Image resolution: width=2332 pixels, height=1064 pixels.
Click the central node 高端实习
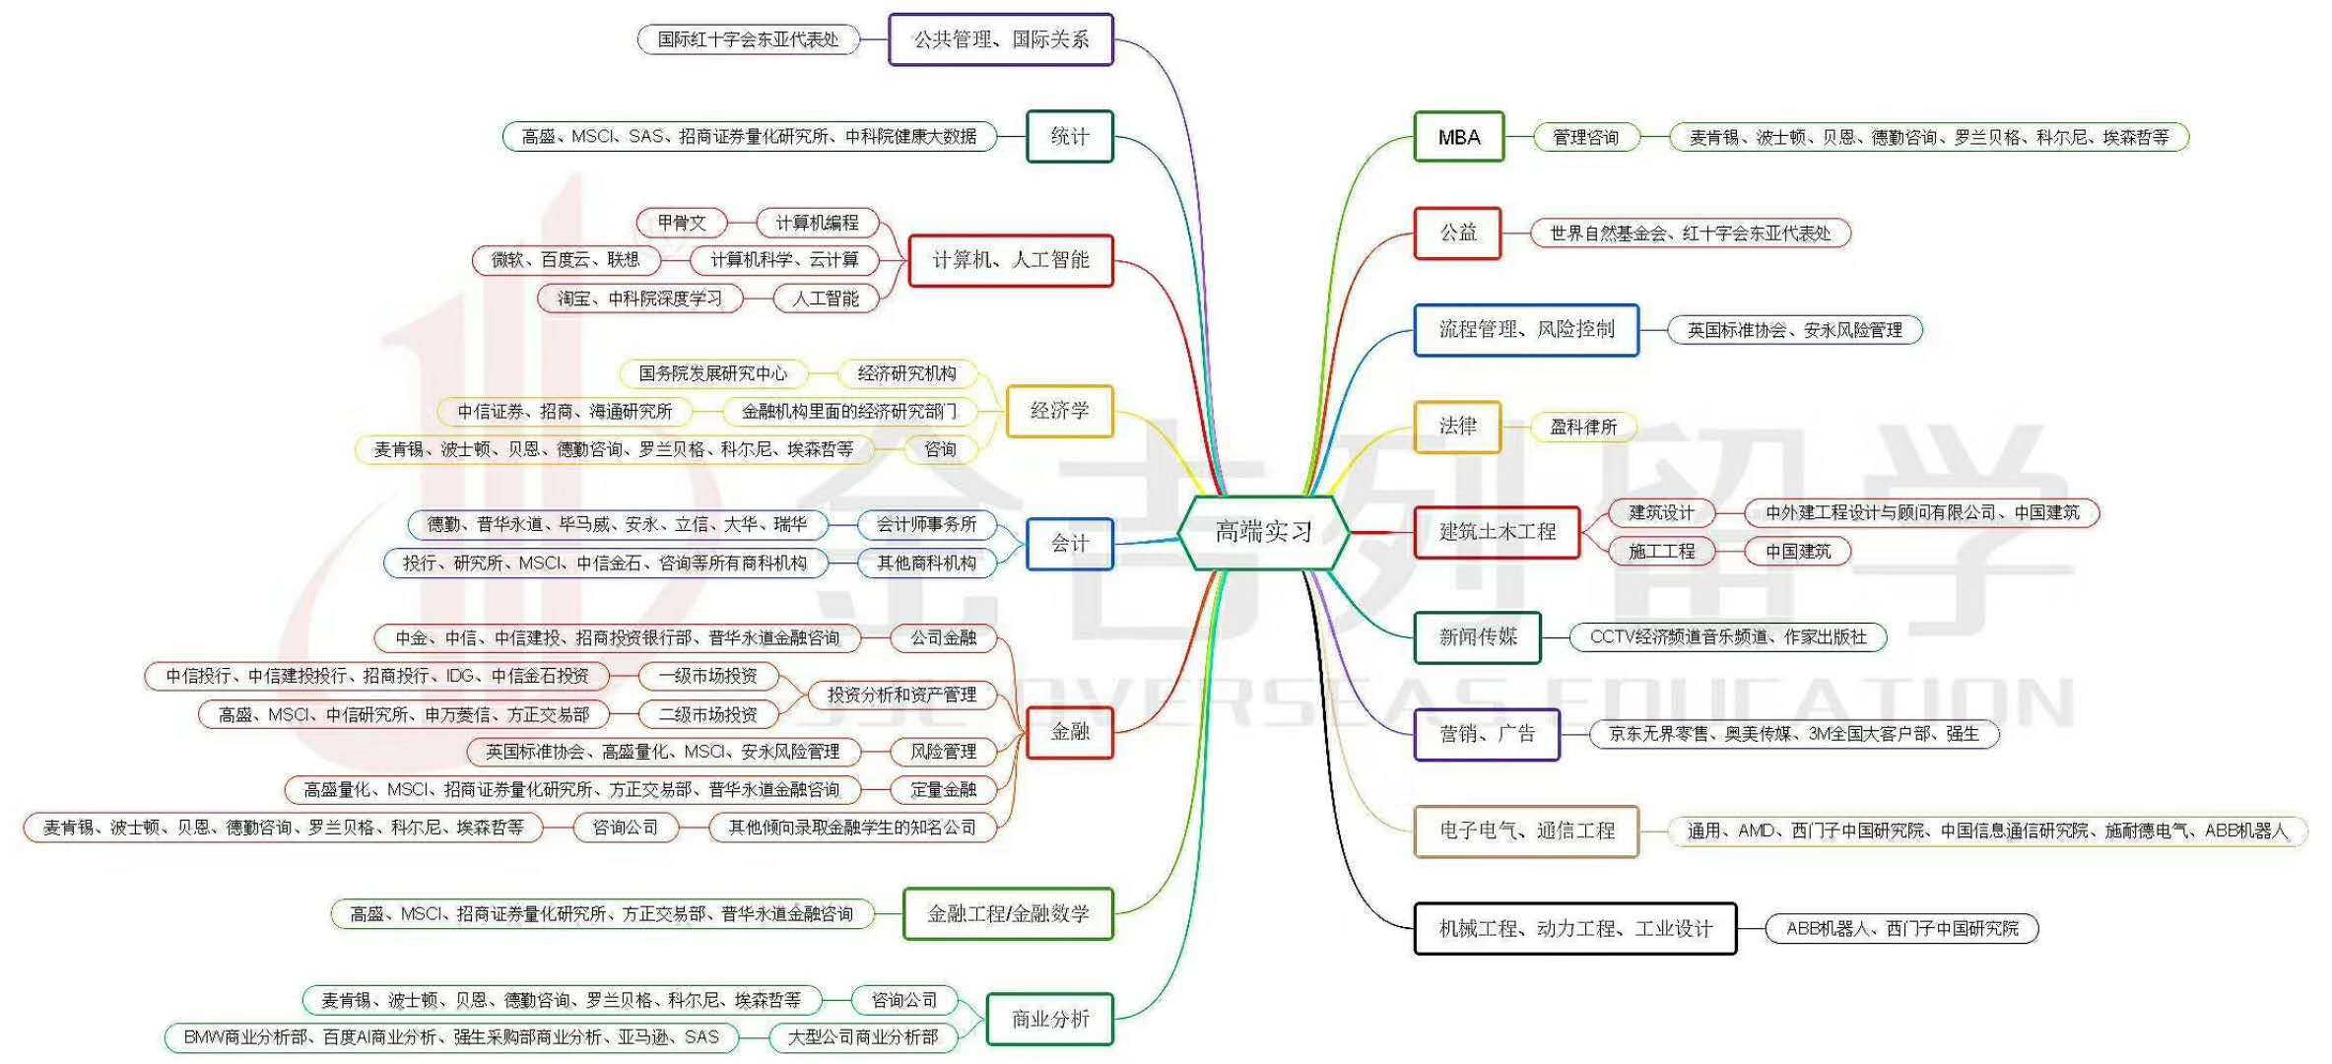tap(1263, 533)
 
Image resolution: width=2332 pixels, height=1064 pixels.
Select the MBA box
tap(1458, 137)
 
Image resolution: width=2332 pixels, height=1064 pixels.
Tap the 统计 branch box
tap(1069, 137)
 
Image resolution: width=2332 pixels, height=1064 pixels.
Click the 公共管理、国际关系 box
tap(1000, 39)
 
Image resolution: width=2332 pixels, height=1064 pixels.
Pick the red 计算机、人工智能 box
tap(1010, 260)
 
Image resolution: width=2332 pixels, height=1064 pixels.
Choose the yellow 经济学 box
tap(1059, 411)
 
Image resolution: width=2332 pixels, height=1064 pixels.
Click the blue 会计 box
tap(1069, 544)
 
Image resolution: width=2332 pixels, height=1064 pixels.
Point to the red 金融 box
tap(1069, 732)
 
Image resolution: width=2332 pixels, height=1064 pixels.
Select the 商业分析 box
tap(1049, 1019)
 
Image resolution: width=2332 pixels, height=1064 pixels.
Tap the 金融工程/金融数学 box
tap(1008, 914)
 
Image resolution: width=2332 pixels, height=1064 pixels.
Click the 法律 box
tap(1457, 427)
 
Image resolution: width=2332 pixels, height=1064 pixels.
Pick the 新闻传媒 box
tap(1477, 637)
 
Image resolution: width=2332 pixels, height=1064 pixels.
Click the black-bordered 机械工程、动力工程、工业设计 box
tap(1574, 928)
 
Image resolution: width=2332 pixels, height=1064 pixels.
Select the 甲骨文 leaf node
tap(681, 223)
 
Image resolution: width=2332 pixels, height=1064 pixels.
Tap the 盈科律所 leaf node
tap(1582, 427)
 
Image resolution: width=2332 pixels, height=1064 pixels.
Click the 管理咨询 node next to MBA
tap(1585, 137)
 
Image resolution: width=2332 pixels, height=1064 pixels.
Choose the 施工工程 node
tap(1661, 552)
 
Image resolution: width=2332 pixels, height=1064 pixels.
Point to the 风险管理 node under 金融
tap(943, 752)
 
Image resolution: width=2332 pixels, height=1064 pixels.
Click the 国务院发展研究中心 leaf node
tap(712, 373)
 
